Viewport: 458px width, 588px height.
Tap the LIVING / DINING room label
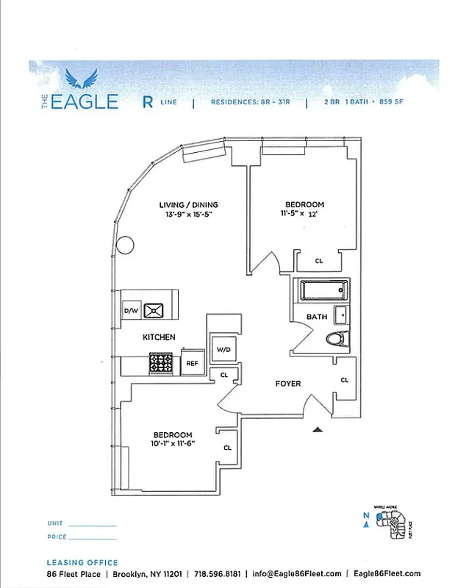(189, 205)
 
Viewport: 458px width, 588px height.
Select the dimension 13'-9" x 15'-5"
(189, 215)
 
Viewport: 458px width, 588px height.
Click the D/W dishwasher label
(131, 311)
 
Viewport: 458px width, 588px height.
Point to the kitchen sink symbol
(155, 310)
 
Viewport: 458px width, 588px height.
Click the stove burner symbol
(161, 362)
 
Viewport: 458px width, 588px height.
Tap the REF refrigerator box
(192, 363)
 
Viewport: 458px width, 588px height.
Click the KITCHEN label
(159, 337)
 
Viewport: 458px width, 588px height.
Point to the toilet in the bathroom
(337, 340)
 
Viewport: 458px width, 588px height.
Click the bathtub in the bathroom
(322, 290)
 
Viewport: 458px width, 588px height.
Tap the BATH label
(316, 317)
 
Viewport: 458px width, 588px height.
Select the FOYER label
(287, 384)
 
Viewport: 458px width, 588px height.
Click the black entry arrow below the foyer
(318, 429)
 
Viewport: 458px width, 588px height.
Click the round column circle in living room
(125, 244)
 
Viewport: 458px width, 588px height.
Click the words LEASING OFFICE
(82, 563)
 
